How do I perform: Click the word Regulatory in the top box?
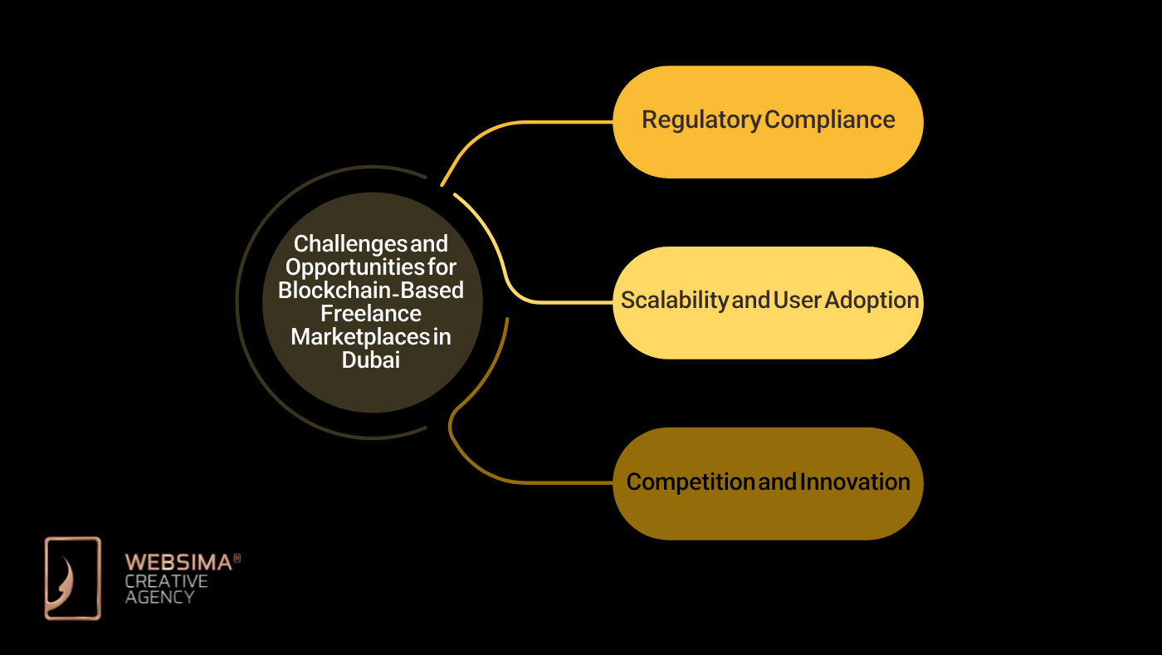coord(701,120)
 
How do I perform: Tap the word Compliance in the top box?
coord(829,120)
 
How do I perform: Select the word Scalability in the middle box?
coord(674,301)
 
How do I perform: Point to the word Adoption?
coord(871,301)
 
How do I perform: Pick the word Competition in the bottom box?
coord(691,482)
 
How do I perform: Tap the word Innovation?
coord(856,482)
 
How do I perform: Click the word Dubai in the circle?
coord(371,360)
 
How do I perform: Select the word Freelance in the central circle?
coord(371,314)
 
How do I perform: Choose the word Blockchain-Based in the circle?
coord(371,291)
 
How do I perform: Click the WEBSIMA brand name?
coord(178,563)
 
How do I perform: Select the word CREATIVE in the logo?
coord(166,581)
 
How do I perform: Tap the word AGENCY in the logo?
coord(159,597)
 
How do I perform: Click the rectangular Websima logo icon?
coord(72,578)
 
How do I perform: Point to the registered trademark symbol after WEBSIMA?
coord(237,560)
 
